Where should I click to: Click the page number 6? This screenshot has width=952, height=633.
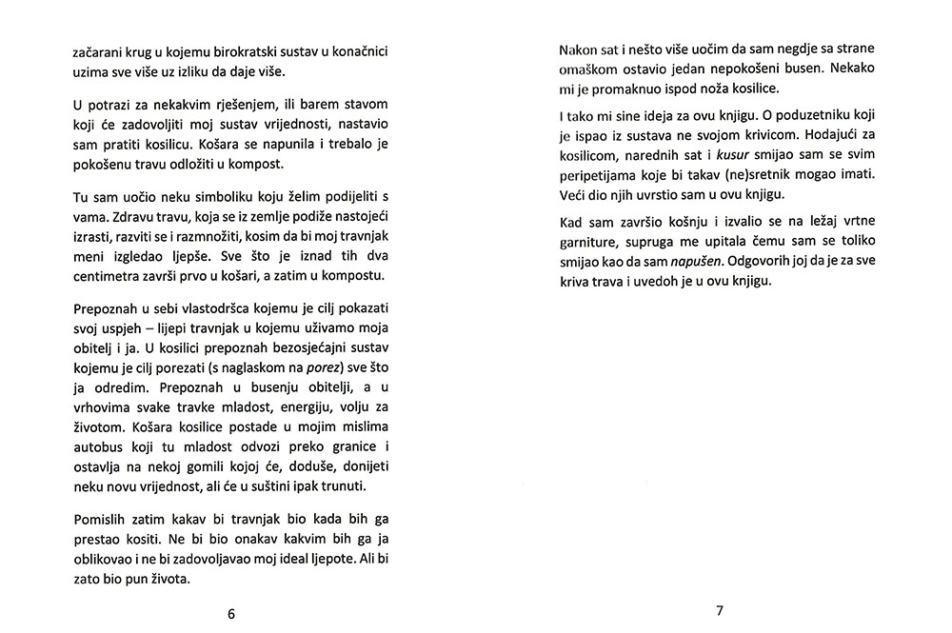231,614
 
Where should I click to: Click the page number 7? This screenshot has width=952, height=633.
720,610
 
